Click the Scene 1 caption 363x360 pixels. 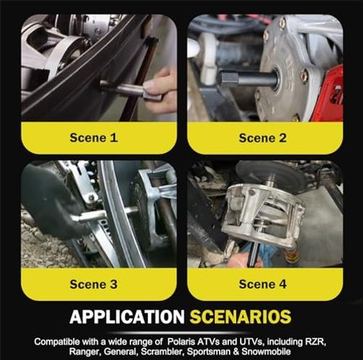[x=94, y=138]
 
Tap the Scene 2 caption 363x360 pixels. [x=263, y=138]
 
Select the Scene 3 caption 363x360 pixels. [x=94, y=284]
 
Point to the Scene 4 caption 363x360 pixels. [x=263, y=284]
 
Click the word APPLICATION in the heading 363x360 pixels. [x=127, y=317]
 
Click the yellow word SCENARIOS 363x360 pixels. [x=241, y=317]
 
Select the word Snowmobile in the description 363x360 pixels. [x=266, y=351]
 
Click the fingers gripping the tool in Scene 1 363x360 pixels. [x=158, y=92]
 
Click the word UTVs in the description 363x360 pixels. [x=252, y=341]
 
